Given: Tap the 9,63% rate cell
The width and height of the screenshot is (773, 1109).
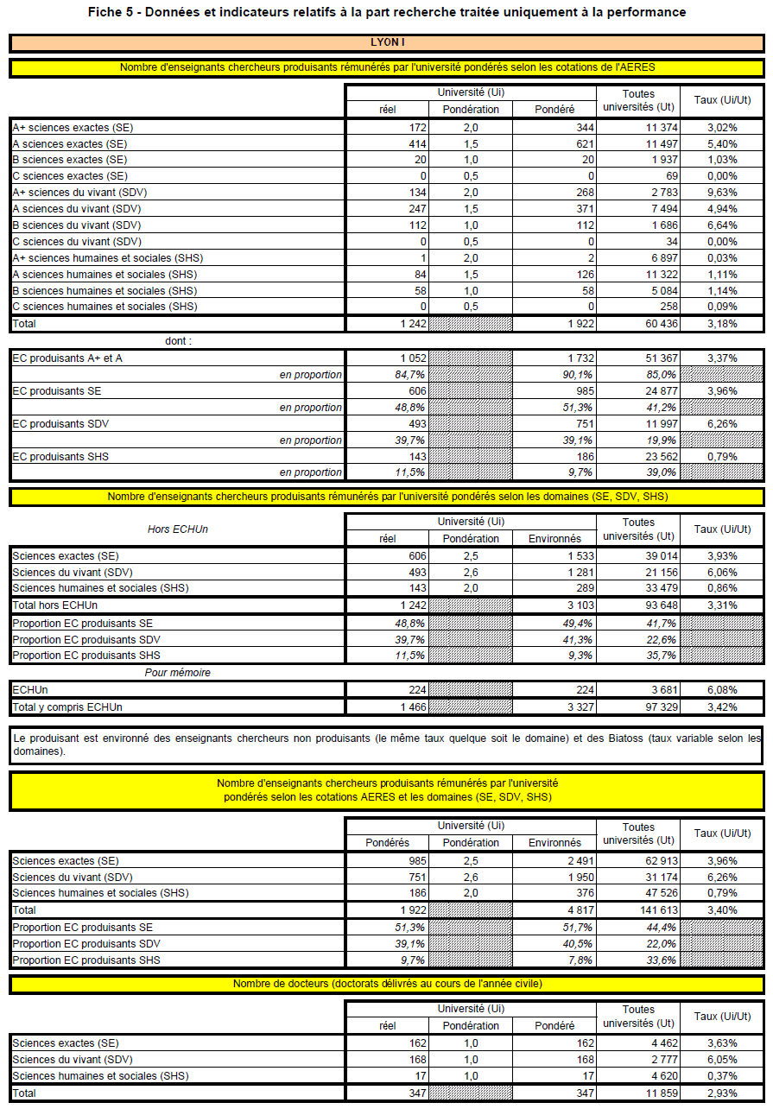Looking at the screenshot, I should click(721, 193).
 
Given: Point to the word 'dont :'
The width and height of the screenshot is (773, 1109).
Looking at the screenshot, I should click(179, 341).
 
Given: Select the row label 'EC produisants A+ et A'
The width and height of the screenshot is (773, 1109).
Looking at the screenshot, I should click(67, 358).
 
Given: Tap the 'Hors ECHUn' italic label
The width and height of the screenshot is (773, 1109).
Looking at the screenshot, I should click(177, 529).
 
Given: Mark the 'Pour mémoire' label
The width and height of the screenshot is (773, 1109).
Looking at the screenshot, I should click(177, 673).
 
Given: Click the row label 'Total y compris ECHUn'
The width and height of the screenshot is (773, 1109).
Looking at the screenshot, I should click(67, 707).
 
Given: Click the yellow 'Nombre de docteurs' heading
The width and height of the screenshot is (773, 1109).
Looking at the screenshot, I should click(386, 985).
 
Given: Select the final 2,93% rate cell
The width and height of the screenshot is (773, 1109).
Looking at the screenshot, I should click(721, 1093).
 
